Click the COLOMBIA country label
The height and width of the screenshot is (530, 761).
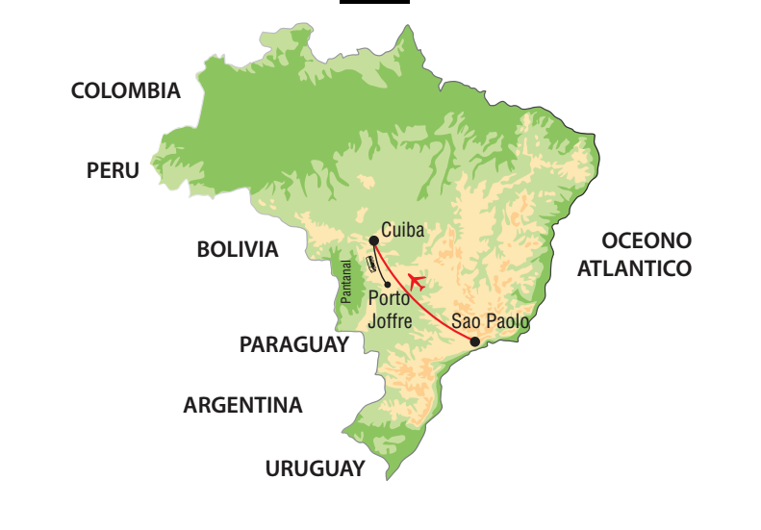click(x=126, y=91)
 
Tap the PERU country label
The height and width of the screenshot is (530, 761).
click(x=113, y=170)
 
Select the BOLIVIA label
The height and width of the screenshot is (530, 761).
click(x=238, y=250)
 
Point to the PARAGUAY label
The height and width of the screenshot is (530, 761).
click(x=293, y=344)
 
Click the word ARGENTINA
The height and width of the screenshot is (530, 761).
click(x=242, y=406)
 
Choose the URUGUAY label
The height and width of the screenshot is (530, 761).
click(x=315, y=469)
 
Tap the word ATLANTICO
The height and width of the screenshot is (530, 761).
click(x=634, y=269)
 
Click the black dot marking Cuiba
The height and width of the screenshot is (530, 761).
click(x=373, y=240)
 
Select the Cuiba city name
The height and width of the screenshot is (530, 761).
click(x=403, y=230)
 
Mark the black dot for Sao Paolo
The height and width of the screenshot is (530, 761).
click(x=474, y=341)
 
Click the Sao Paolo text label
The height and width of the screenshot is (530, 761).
click(x=490, y=321)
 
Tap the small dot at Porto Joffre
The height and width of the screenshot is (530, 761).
click(x=388, y=284)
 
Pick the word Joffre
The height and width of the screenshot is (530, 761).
click(x=391, y=321)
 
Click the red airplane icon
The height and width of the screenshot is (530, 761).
click(x=417, y=282)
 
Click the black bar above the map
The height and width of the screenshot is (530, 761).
click(x=374, y=2)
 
